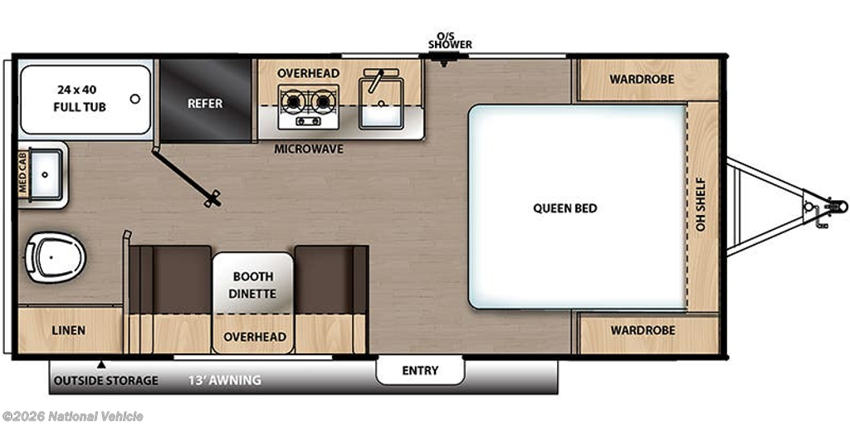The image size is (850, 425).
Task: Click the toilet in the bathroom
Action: pos(56,257)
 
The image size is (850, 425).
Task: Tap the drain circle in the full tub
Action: pos(135,99)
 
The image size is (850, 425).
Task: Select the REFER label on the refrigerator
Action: pos(206,103)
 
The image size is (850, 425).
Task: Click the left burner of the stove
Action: pos(293,100)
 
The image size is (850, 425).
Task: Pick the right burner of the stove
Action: pos(323,100)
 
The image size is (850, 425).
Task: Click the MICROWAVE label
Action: pos(309,149)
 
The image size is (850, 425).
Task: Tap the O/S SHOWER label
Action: pos(450,40)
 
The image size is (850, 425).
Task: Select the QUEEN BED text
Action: pos(564,208)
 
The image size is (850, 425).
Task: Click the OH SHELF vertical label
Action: pos(701,204)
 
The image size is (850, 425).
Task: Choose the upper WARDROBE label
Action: pos(642,79)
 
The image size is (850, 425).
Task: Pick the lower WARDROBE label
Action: pos(643,330)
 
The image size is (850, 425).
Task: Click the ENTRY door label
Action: pos(420,371)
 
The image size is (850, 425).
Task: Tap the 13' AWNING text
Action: pos(225,380)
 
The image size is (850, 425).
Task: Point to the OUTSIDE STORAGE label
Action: pos(105,380)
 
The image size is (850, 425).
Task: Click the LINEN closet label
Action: pos(69,330)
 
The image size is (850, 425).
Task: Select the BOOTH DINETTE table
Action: pos(253,284)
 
